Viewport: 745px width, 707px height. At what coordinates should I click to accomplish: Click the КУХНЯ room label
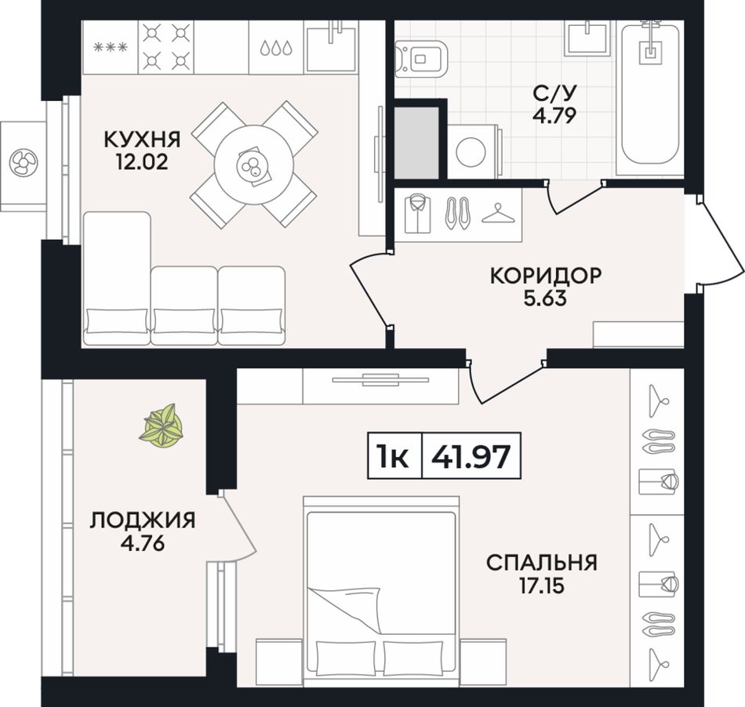click(x=142, y=140)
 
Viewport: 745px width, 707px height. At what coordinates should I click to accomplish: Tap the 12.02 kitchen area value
click(x=142, y=162)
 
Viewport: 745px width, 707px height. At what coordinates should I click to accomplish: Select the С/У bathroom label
click(x=554, y=93)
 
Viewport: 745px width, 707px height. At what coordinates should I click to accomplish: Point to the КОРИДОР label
click(x=546, y=275)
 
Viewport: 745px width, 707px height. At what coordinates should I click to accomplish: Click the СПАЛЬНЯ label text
click(x=542, y=563)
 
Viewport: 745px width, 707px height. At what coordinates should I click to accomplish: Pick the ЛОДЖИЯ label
click(x=143, y=520)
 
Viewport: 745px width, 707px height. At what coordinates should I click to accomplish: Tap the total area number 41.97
click(x=471, y=456)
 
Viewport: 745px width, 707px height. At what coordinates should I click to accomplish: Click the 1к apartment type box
click(x=394, y=456)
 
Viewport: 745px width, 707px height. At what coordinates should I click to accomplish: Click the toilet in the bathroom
click(x=422, y=59)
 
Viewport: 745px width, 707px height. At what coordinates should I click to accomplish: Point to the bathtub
click(x=649, y=94)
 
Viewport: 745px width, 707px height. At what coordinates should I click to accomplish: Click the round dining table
click(x=254, y=165)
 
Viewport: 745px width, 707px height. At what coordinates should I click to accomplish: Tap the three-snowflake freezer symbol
click(x=111, y=47)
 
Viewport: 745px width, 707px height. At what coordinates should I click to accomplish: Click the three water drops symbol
click(x=276, y=48)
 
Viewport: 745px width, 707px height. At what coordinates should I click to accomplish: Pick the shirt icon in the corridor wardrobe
click(x=418, y=214)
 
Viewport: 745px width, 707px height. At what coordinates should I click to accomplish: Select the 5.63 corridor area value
click(x=546, y=298)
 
